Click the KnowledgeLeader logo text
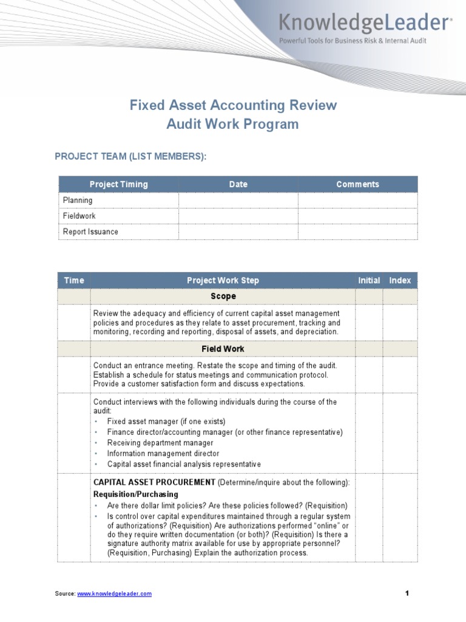[x=364, y=23]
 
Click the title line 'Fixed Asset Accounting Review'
[x=233, y=105]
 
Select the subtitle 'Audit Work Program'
[x=233, y=125]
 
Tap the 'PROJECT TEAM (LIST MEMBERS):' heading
[x=130, y=157]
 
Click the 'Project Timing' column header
[x=118, y=184]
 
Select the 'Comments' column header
[x=357, y=184]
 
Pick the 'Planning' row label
[x=78, y=200]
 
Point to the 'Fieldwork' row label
[x=79, y=216]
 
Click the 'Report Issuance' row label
[x=90, y=231]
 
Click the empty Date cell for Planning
[x=238, y=200]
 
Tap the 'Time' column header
[x=74, y=280]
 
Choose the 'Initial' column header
[x=369, y=280]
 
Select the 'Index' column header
[x=400, y=280]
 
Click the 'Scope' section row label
[x=223, y=296]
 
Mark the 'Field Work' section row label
[x=223, y=349]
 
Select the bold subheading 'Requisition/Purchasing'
[x=136, y=494]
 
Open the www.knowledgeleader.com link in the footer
[x=114, y=593]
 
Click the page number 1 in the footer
[x=408, y=593]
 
